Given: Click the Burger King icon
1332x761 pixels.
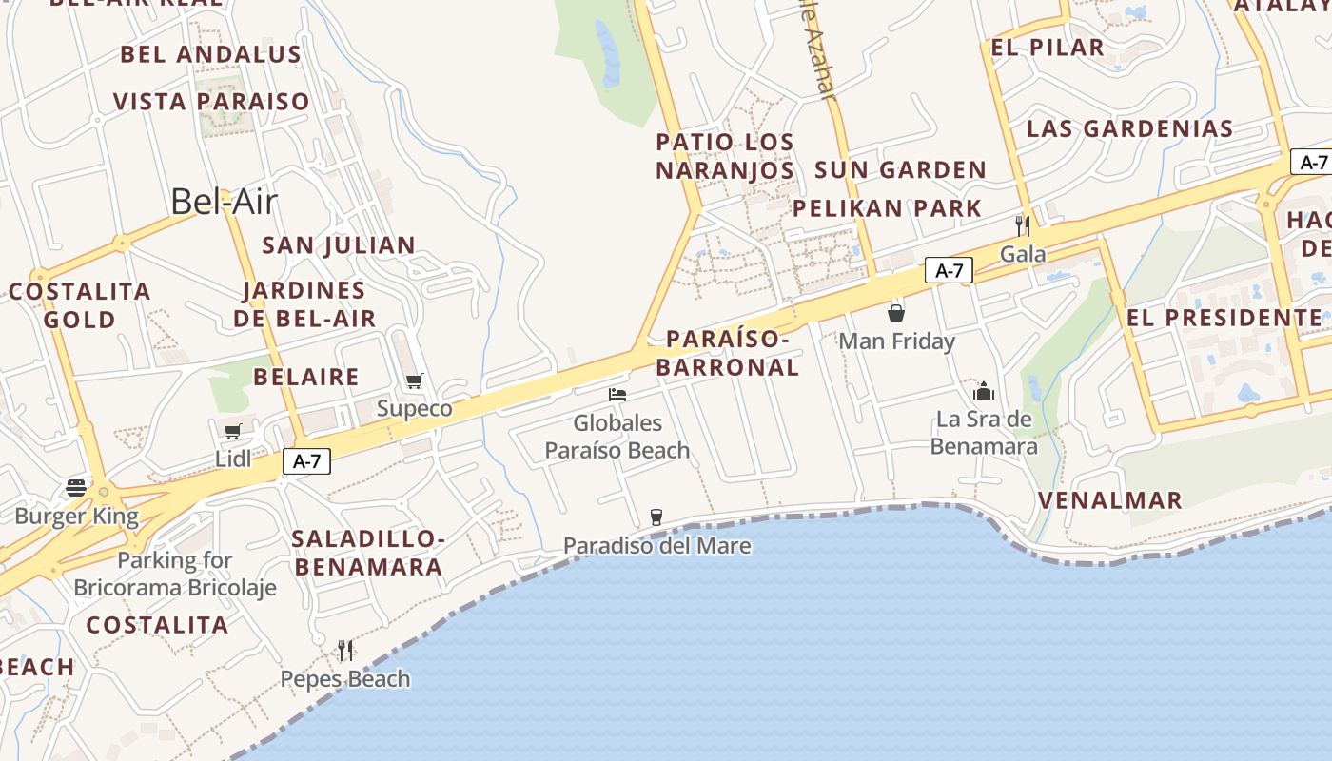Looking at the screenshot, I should click(76, 488).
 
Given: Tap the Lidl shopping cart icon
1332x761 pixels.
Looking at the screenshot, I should click(233, 431).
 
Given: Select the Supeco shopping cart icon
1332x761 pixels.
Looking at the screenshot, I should click(414, 381).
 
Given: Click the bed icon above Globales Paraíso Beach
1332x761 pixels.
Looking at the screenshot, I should click(617, 395).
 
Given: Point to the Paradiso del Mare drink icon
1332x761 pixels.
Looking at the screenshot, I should click(656, 517).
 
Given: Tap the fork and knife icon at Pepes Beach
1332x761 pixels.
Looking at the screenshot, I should click(345, 651).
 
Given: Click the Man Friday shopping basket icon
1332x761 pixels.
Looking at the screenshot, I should click(896, 312).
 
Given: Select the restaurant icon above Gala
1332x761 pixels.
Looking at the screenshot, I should click(1023, 225).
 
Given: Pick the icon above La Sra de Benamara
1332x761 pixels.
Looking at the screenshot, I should click(984, 391).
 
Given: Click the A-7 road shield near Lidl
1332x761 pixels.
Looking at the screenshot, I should click(306, 462).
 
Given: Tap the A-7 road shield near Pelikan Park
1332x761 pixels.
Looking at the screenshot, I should click(950, 270).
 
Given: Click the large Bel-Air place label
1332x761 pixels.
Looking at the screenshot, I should click(225, 201).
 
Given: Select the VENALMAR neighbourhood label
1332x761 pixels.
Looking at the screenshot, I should click(1110, 500).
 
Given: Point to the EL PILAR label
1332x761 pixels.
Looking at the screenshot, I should click(1048, 48).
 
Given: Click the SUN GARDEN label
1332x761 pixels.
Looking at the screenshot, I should click(900, 170).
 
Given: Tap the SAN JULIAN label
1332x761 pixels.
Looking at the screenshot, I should click(339, 245).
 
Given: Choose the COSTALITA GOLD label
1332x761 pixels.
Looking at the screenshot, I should click(80, 305).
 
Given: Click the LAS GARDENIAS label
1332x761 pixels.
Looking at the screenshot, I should click(1129, 128).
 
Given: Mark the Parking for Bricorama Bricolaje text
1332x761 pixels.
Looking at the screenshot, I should click(175, 574).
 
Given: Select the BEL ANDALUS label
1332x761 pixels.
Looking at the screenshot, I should click(210, 55).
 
